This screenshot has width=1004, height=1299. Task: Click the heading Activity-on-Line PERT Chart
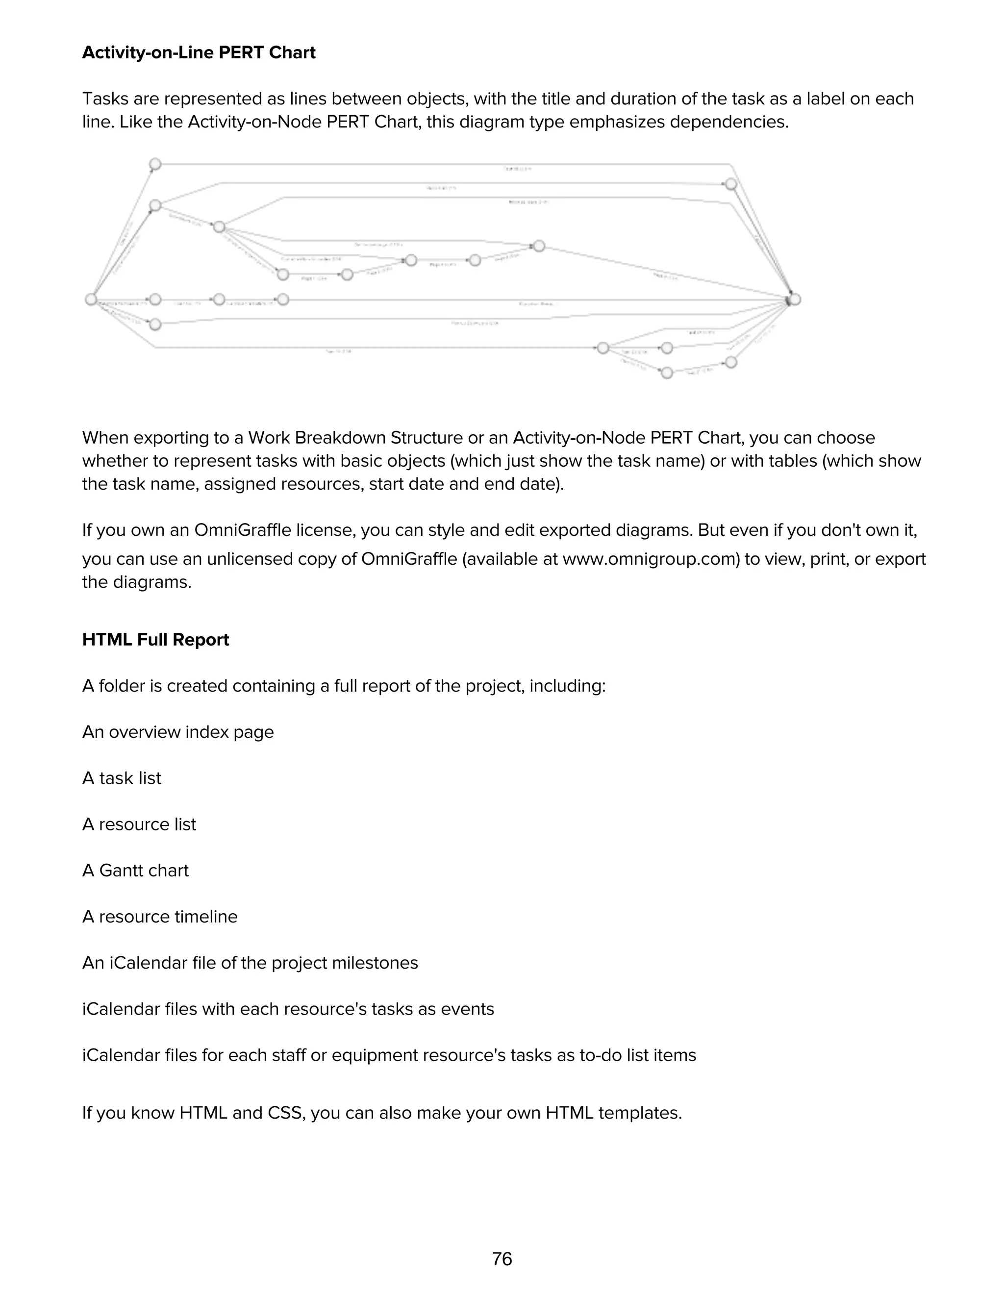[199, 52]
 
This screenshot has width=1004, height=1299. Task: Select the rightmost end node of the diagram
[795, 299]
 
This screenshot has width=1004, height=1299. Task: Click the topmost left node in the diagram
[155, 164]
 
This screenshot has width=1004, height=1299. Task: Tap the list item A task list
[122, 778]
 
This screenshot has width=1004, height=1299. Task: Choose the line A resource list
[139, 824]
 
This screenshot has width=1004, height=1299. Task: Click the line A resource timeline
[159, 917]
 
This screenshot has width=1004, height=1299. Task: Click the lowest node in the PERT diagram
[667, 373]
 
